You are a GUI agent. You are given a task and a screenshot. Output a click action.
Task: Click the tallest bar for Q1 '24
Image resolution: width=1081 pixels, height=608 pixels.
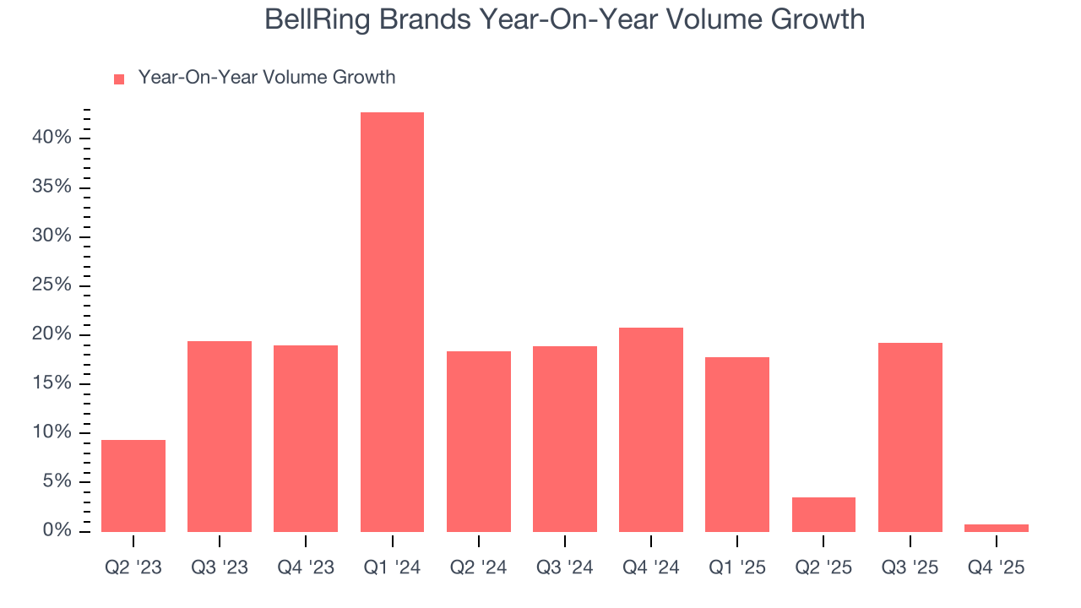pos(392,322)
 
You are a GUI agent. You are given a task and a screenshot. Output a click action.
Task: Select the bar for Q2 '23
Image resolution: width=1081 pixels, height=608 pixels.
pos(133,486)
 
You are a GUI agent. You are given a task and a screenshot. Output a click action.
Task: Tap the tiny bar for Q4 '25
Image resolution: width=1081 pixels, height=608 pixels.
pos(997,528)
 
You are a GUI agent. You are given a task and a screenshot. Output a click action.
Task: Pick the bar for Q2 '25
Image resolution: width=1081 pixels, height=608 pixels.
pos(823,514)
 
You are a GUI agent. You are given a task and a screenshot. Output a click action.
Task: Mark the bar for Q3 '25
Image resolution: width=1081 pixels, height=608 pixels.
pos(910,437)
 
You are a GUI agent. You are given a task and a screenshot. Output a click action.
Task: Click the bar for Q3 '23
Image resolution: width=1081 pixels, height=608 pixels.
pos(220,436)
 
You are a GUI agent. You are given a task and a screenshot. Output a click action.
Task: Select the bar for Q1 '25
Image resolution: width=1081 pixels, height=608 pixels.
pos(737,444)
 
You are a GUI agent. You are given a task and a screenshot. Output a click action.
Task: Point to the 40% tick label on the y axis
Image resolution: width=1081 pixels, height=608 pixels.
pos(52,138)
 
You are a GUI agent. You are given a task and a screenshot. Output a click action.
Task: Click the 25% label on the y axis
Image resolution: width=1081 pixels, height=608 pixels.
pos(52,285)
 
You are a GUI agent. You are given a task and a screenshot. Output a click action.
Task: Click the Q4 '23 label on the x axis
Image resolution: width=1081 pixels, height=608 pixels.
pos(306,567)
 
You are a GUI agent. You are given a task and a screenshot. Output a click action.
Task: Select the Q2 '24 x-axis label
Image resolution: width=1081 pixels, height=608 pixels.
pos(478,567)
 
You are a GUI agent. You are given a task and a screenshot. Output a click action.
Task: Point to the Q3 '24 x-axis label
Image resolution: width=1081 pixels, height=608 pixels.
pos(564,567)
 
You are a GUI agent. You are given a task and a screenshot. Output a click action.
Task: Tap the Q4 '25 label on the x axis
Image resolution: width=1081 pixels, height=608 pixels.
pos(997,567)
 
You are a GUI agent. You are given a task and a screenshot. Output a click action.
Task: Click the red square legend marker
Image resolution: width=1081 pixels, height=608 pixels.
pos(119,79)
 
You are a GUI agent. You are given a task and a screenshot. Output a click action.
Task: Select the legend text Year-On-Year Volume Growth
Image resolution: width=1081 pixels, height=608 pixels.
pos(267,78)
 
